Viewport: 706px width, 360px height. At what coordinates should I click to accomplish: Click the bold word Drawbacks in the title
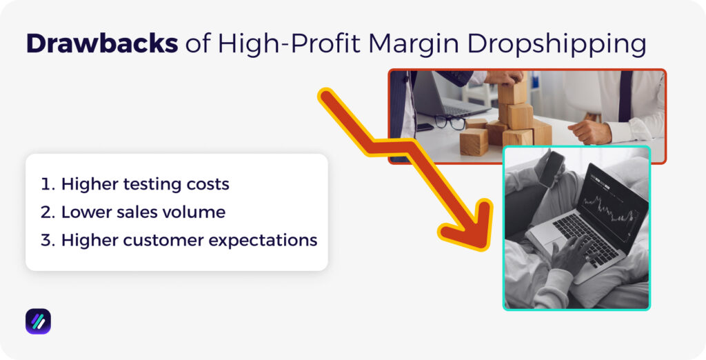(x=101, y=43)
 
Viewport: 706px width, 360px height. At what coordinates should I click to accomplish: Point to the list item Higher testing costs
(x=145, y=184)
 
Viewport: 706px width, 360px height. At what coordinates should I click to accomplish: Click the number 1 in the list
(x=46, y=184)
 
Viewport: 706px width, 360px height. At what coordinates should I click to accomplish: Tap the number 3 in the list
(x=46, y=240)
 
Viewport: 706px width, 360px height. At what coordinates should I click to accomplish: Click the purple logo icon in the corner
(x=38, y=321)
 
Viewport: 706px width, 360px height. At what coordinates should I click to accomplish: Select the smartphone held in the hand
(x=551, y=168)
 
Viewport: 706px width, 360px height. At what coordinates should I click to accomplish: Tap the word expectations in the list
(x=268, y=240)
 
